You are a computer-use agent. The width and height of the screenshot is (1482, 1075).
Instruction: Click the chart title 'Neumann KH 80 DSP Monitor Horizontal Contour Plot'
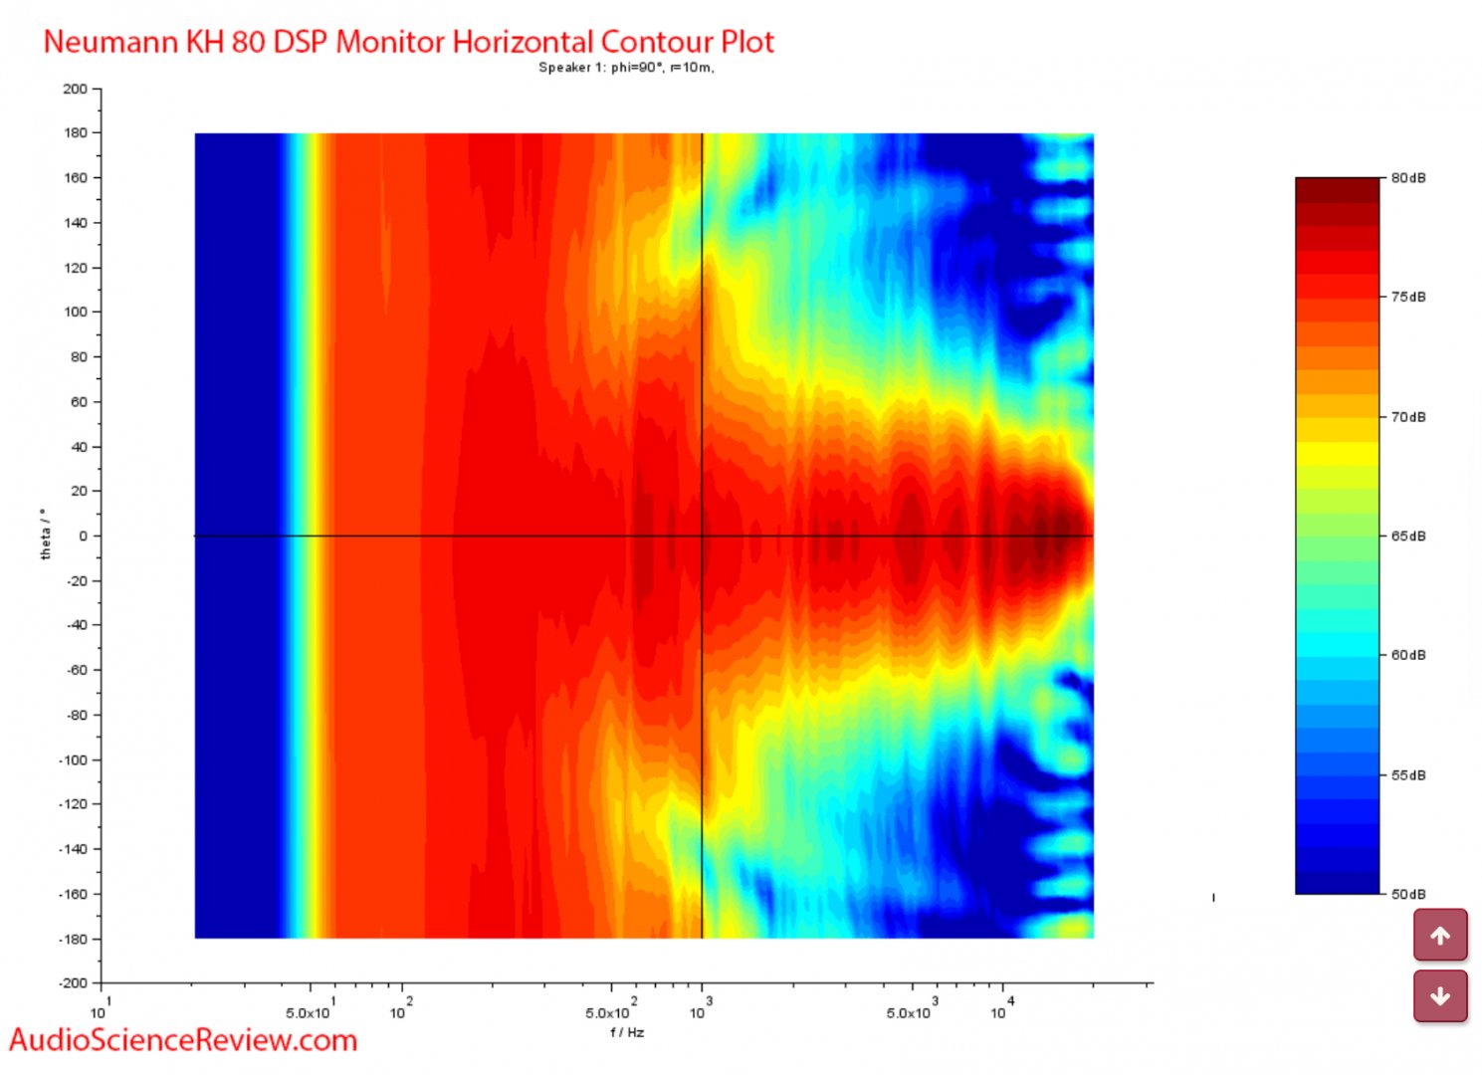(408, 42)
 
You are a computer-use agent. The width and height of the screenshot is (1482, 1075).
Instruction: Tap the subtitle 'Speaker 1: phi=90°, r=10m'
(626, 68)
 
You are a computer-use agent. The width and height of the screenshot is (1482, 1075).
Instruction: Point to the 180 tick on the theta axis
(76, 132)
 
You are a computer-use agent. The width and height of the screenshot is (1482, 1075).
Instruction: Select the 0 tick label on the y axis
(84, 536)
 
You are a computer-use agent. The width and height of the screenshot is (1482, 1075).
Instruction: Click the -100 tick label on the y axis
(73, 759)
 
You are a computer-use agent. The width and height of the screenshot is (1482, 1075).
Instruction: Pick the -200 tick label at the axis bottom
(73, 982)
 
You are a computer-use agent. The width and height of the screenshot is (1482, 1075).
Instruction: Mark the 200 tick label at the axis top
(76, 89)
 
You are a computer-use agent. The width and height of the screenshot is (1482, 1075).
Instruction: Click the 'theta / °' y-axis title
(46, 535)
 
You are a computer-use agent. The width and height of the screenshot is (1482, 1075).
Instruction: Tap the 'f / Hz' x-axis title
(627, 1032)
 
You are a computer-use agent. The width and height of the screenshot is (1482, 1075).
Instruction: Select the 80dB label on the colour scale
(1407, 178)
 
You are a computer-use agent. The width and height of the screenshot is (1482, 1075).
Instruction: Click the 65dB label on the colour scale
(1407, 537)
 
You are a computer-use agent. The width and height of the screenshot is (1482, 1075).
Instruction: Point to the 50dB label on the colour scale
(1407, 894)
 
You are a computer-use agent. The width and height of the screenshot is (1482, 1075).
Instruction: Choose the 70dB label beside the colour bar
(1407, 417)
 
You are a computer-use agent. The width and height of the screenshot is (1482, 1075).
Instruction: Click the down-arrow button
(1440, 996)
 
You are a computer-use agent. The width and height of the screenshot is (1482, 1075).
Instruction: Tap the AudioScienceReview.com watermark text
(183, 1040)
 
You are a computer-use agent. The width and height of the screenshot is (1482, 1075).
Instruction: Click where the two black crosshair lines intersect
(703, 537)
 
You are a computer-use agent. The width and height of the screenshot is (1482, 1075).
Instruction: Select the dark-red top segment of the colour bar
(1337, 189)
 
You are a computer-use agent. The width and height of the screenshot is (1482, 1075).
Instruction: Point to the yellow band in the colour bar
(1337, 454)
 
